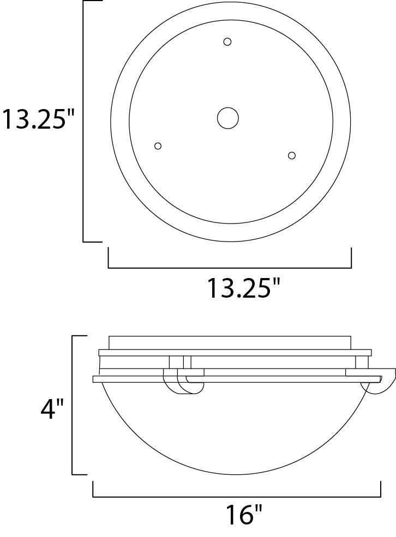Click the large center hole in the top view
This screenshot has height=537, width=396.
[x=228, y=118]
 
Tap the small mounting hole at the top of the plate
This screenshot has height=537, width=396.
[x=227, y=42]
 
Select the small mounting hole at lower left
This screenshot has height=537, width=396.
[x=158, y=146]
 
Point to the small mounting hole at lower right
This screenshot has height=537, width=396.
[x=292, y=155]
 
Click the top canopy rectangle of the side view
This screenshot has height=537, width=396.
[x=230, y=342]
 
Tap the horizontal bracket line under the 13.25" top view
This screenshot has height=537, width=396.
[x=230, y=268]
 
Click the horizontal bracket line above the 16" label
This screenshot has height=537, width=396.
[x=236, y=497]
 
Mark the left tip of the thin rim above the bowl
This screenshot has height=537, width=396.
[x=94, y=379]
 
